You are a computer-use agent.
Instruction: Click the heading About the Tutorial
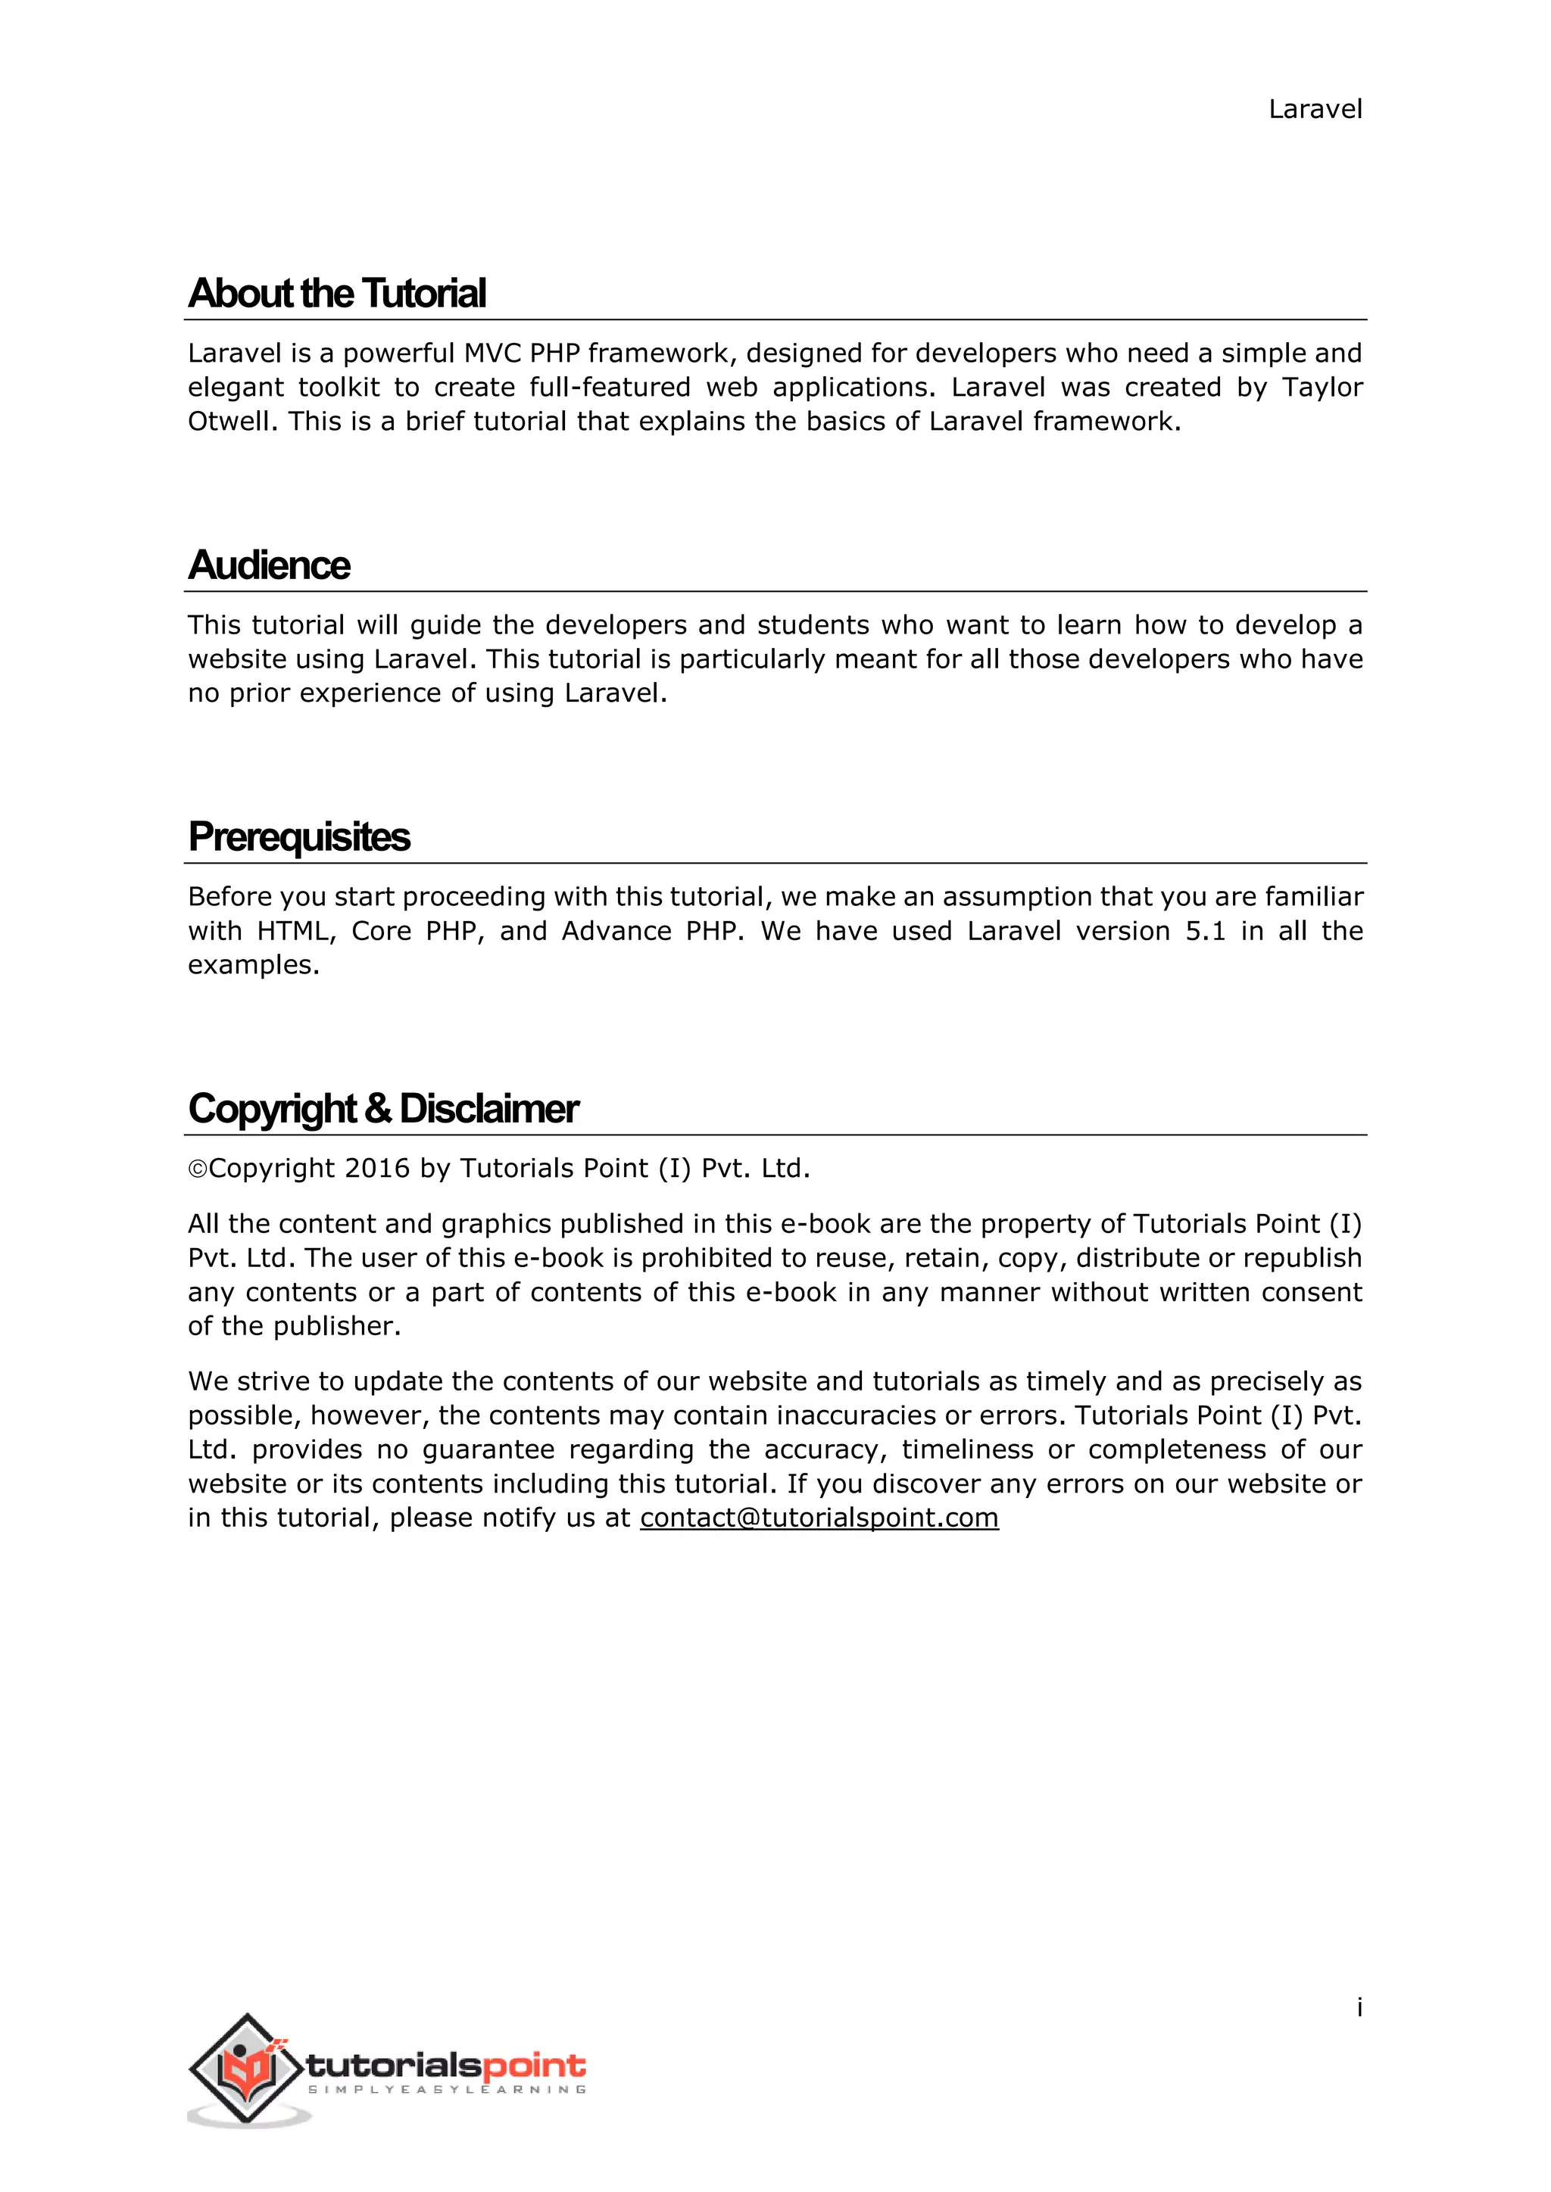coord(337,293)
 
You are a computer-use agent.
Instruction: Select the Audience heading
coord(270,565)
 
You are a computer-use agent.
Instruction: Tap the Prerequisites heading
coord(299,837)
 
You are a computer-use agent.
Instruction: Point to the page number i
coord(1359,2008)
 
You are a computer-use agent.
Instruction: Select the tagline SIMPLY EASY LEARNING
coord(447,2090)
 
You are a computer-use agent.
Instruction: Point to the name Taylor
coord(1322,388)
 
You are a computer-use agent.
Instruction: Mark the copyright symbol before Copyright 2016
coord(198,1169)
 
